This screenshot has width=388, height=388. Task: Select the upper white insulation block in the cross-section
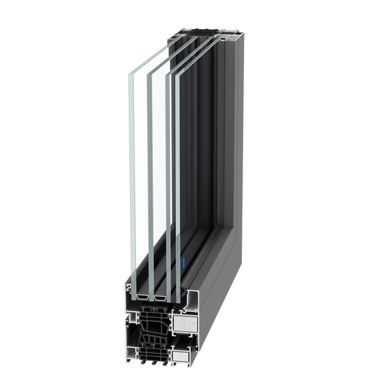coord(185,322)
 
